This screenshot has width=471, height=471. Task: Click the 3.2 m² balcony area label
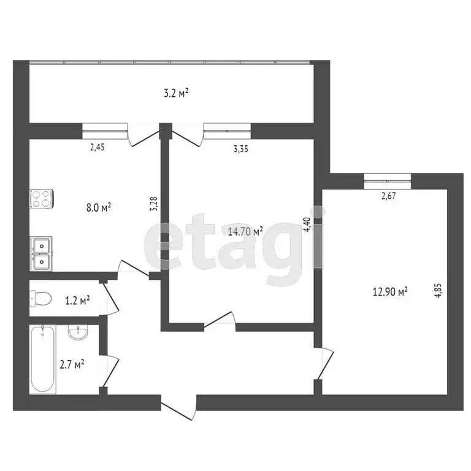175,93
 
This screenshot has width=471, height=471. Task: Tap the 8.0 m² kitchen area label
98,208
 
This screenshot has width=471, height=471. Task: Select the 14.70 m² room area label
245,231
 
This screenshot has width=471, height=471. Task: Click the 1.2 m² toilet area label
77,300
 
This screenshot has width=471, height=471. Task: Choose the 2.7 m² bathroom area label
72,364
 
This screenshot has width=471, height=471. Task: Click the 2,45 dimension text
98,147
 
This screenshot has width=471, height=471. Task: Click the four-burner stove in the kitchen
41,198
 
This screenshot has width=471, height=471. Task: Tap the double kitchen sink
41,253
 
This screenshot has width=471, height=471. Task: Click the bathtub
43,359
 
